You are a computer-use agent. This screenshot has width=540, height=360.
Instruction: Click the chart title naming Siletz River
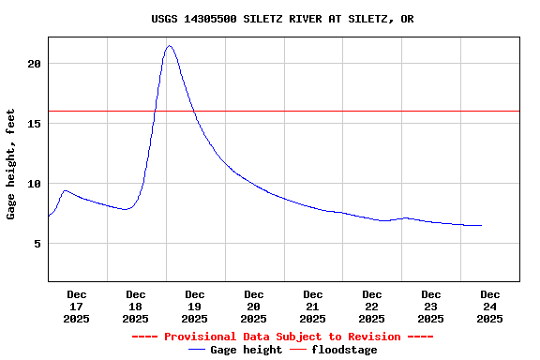[x=282, y=19]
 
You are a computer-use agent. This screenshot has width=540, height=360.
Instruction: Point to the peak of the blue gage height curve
[x=170, y=46]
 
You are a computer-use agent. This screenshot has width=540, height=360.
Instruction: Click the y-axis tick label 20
[x=35, y=64]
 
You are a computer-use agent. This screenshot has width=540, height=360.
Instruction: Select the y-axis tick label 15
[x=35, y=124]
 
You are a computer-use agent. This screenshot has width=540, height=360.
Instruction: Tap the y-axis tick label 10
[x=35, y=184]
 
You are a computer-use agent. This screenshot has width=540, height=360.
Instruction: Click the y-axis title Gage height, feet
[x=11, y=164]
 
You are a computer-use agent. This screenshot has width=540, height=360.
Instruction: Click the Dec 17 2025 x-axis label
[x=77, y=307]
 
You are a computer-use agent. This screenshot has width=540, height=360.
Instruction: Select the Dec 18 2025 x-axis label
[x=136, y=307]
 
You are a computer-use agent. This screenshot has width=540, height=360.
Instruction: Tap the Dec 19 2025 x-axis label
[x=195, y=307]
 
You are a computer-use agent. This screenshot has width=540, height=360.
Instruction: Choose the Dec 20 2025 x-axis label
[x=254, y=307]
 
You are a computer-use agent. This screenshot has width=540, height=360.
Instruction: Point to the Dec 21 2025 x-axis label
[x=313, y=307]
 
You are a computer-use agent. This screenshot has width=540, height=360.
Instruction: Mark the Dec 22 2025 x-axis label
[x=372, y=307]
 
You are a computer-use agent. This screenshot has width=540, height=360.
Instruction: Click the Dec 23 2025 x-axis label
[x=431, y=307]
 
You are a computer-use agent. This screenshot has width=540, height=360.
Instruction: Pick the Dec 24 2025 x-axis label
[x=490, y=307]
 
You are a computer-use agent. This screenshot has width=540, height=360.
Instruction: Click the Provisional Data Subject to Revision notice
[x=282, y=337]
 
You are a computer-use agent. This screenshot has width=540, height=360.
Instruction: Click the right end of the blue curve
[x=481, y=225]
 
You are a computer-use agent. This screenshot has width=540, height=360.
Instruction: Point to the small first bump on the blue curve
[x=65, y=190]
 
